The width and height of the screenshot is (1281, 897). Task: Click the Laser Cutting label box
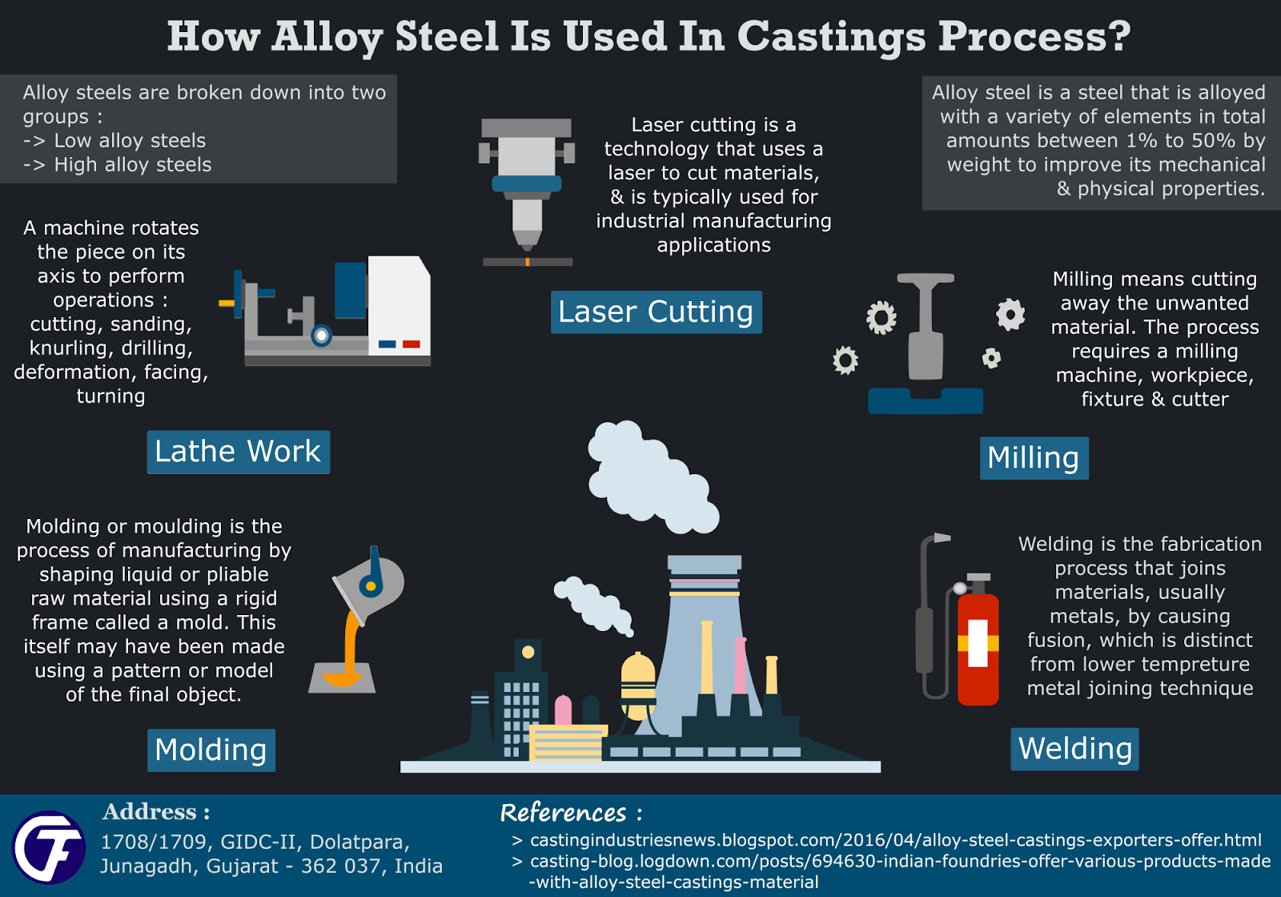[x=656, y=312]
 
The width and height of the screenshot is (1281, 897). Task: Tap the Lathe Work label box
[x=238, y=453]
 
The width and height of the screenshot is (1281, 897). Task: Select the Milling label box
[x=1034, y=458]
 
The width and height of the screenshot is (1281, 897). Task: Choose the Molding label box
[x=211, y=750]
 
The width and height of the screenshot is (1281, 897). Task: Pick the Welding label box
[x=1074, y=749]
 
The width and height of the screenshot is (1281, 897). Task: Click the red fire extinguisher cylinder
[x=978, y=649]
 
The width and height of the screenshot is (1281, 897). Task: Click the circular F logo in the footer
[x=49, y=847]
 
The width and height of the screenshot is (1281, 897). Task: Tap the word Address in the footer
[x=150, y=812]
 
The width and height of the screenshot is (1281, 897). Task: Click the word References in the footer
[x=564, y=813]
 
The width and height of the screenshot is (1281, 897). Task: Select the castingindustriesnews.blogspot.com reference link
[x=895, y=840]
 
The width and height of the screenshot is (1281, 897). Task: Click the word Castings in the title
[x=830, y=37]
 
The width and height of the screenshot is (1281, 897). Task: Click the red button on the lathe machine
[x=412, y=344]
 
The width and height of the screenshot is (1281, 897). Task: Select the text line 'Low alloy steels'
[x=130, y=141]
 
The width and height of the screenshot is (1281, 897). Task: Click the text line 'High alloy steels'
[x=132, y=165]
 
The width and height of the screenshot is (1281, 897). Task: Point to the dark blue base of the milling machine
[x=926, y=401]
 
